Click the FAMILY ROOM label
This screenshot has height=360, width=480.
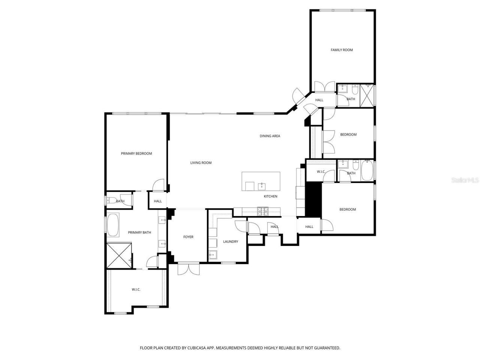[342, 50]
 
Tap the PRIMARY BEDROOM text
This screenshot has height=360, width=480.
[136, 153]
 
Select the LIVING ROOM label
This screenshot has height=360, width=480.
[201, 163]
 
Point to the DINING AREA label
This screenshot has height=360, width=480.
[270, 136]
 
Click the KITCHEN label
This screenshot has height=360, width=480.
[270, 196]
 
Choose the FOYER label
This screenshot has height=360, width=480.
[188, 237]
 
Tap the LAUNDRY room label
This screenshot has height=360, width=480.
[230, 241]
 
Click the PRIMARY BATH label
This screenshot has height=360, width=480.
[139, 232]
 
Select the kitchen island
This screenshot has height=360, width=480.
[261, 181]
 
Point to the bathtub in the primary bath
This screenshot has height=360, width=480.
[113, 225]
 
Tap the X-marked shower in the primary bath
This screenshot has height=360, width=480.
[119, 256]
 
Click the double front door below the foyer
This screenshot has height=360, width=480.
[189, 269]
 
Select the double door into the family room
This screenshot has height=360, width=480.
[324, 87]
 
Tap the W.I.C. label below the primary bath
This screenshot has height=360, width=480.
[136, 289]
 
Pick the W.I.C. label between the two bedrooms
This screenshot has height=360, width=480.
[321, 172]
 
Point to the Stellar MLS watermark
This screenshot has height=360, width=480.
[465, 180]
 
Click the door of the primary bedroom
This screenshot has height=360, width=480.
[159, 185]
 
